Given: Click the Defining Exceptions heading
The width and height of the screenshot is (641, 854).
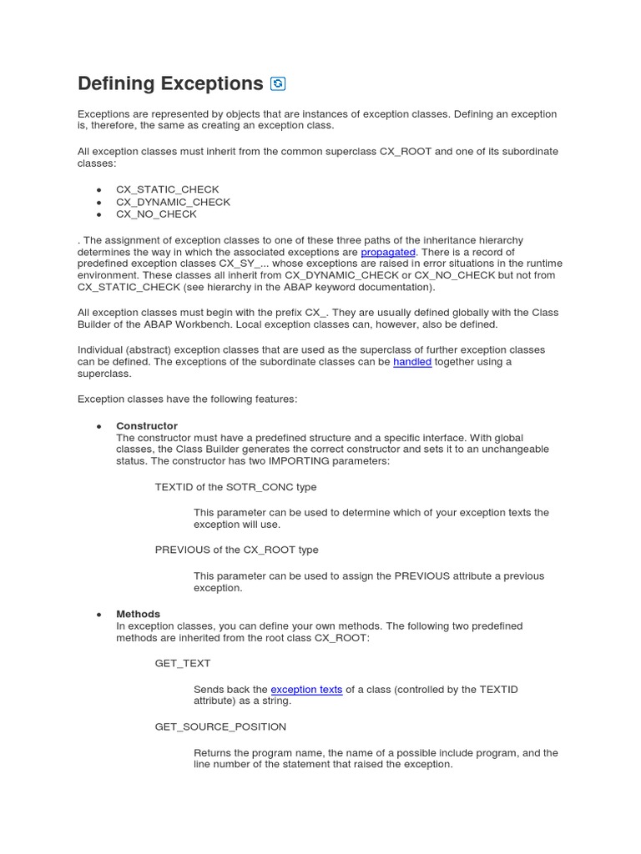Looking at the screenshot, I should [170, 83].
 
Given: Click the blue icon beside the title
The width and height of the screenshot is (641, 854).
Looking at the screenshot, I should [279, 83].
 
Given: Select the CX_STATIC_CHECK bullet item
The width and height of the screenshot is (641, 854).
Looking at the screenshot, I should [167, 189].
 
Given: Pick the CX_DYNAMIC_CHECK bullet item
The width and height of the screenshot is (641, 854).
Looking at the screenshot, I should [173, 202].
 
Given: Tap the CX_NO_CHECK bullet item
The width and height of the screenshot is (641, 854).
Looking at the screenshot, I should [156, 214].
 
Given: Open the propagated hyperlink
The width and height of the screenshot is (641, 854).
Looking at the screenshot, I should [388, 252].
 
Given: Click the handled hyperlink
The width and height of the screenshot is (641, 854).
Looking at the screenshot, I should [412, 362].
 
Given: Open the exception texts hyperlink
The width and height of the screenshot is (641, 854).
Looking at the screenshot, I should [306, 690].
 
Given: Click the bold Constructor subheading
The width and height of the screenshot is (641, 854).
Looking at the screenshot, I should [147, 426].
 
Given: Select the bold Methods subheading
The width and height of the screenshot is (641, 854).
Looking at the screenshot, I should [138, 614].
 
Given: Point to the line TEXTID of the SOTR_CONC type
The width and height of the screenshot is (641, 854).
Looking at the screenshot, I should [235, 487].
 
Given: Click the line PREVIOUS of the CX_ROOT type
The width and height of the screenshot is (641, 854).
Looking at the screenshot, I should [236, 550].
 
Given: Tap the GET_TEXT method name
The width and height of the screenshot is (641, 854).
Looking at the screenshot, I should [183, 663].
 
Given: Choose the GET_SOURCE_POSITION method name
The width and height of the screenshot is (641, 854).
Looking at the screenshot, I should [220, 726].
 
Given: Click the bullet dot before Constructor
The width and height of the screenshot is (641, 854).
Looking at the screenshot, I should [98, 426].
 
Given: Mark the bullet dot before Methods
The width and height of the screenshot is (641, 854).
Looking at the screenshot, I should [98, 615].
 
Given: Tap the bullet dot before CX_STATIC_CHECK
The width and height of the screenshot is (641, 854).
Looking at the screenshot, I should [98, 190].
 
